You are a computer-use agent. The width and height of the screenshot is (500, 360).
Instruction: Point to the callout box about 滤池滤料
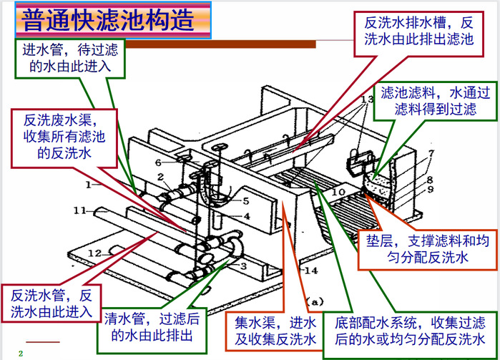pos(435,101)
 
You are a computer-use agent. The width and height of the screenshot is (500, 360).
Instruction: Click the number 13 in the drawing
pos(368,97)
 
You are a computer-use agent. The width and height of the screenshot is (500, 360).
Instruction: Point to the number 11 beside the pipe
pos(79,210)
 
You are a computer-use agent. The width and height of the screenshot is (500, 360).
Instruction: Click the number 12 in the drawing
pos(94,253)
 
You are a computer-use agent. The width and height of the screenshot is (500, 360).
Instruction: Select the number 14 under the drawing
pos(288,270)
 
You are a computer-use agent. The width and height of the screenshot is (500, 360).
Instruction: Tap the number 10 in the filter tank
pos(340,192)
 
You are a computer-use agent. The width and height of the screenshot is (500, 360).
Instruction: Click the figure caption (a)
pos(315,301)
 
